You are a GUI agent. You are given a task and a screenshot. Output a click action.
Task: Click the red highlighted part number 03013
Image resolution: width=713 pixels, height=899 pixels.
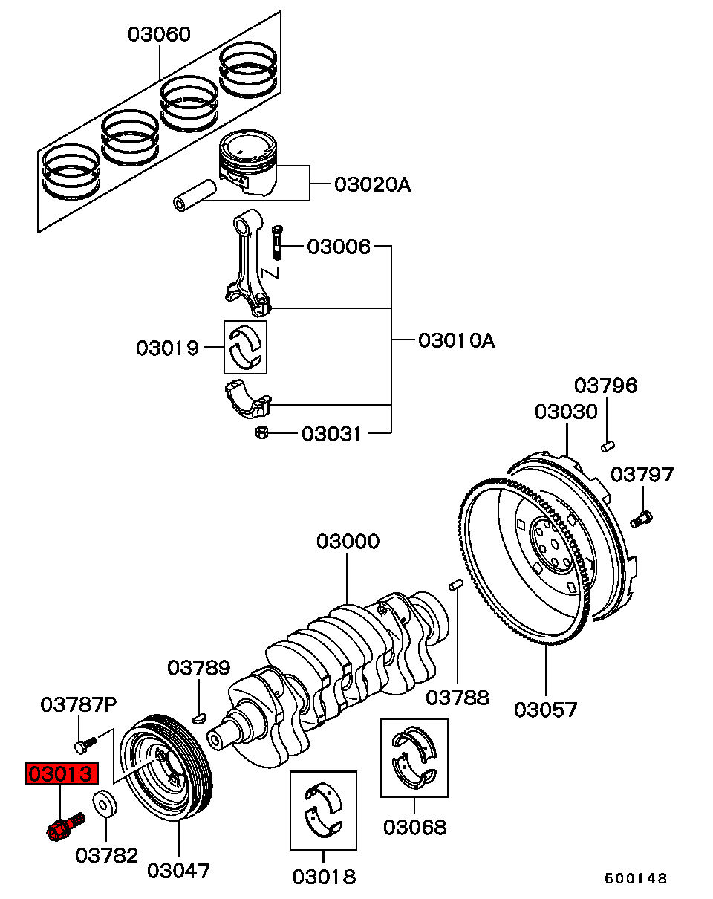click(62, 773)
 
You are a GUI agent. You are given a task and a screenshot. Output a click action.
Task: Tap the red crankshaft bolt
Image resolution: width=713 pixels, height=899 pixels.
click(65, 827)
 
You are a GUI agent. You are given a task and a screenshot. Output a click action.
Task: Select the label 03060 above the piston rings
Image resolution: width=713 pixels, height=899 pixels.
click(159, 34)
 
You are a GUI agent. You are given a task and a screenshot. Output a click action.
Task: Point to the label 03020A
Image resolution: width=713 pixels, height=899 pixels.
click(372, 184)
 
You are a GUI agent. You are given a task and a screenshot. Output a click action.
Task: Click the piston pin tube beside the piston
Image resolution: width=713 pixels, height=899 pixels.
click(195, 195)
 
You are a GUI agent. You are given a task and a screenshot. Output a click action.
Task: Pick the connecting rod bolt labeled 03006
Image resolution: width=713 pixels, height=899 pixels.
click(277, 243)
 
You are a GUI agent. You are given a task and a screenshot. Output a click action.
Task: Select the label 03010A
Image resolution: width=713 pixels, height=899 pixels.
click(457, 340)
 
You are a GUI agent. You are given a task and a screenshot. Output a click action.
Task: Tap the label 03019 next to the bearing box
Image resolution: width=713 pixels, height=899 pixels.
click(167, 348)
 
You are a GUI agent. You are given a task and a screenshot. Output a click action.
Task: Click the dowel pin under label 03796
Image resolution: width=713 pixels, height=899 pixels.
click(608, 447)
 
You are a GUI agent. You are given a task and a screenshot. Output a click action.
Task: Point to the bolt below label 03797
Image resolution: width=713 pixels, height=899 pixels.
click(641, 519)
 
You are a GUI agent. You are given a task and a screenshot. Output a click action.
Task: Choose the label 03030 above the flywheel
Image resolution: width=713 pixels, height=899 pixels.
click(566, 412)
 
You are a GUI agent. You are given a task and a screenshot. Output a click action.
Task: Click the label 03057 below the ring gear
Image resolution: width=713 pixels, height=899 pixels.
click(545, 710)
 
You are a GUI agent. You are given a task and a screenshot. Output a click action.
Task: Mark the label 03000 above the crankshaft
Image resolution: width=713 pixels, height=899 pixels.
click(348, 542)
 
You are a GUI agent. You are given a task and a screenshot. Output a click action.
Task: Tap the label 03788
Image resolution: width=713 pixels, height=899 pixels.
click(458, 698)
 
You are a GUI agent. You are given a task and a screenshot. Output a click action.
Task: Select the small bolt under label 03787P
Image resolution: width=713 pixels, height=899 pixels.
click(85, 745)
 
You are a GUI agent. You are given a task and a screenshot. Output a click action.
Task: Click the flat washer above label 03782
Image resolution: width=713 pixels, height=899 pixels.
click(105, 803)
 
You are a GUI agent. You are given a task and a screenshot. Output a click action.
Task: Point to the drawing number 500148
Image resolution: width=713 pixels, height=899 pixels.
click(636, 878)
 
